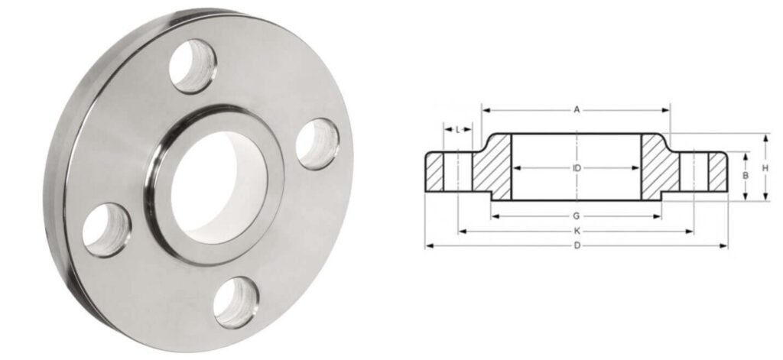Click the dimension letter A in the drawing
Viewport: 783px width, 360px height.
(x=577, y=110)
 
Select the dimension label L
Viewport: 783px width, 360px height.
(x=457, y=129)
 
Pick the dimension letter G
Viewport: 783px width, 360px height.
(x=577, y=216)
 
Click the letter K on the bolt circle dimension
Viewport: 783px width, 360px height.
(x=577, y=231)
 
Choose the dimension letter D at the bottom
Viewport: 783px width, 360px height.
(x=577, y=245)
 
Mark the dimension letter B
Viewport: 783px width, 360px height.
(x=746, y=176)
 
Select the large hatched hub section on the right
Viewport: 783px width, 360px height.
(x=660, y=168)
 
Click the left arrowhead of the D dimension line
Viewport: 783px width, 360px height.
(x=428, y=245)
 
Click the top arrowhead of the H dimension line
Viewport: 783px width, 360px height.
(x=767, y=136)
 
